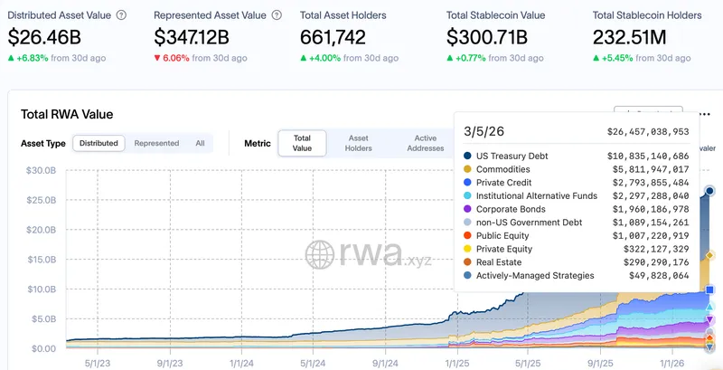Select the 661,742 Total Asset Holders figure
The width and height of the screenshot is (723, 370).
(340, 37)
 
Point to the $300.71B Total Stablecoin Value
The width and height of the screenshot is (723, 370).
(493, 37)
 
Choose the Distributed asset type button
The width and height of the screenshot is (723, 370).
(99, 143)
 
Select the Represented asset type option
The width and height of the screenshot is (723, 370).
(156, 143)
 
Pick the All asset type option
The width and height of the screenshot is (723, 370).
(200, 143)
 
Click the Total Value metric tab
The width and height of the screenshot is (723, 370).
(302, 143)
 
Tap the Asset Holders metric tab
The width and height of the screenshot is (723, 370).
(359, 143)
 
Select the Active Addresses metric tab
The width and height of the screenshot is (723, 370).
(425, 143)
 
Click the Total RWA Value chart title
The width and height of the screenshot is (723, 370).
(67, 115)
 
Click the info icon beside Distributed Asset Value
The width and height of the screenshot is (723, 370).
(122, 15)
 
